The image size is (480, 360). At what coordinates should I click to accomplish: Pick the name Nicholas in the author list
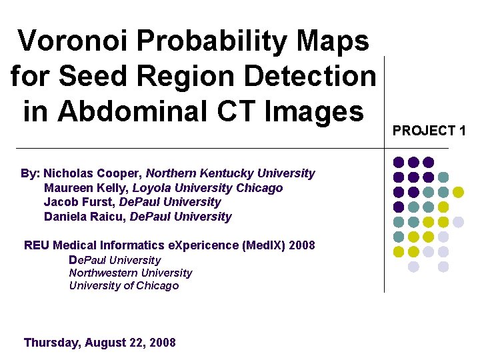[68, 173]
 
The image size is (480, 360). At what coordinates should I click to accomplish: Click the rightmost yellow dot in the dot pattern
[458, 192]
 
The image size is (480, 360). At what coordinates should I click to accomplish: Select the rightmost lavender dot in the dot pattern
[458, 222]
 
